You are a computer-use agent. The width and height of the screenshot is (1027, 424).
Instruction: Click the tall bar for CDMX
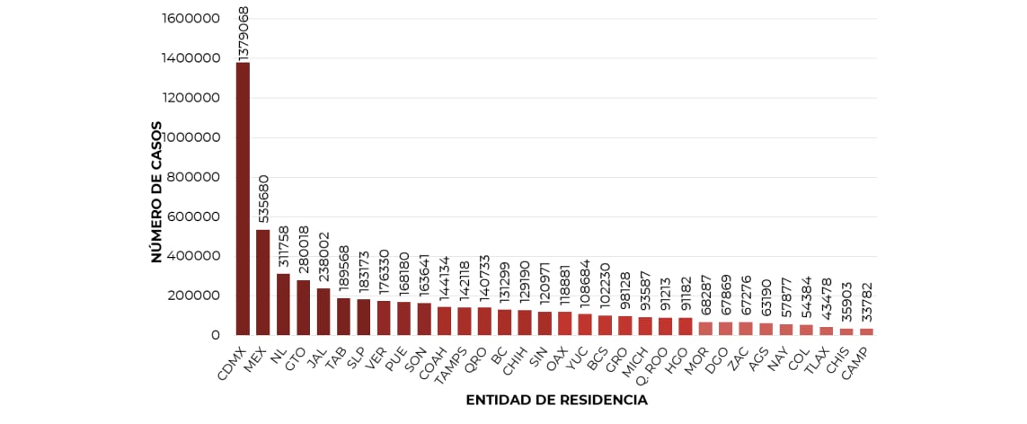(x=243, y=199)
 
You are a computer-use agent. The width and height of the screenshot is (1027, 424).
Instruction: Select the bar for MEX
(x=262, y=282)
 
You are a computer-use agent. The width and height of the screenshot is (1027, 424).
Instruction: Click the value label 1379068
(x=243, y=33)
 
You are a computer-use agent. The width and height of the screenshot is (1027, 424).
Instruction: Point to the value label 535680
(x=263, y=199)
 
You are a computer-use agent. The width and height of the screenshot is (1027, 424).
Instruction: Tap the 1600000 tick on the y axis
(x=191, y=19)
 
